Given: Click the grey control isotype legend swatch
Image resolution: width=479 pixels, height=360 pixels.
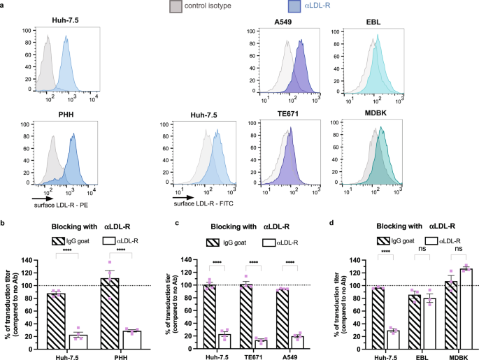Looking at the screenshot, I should click(176, 7).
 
